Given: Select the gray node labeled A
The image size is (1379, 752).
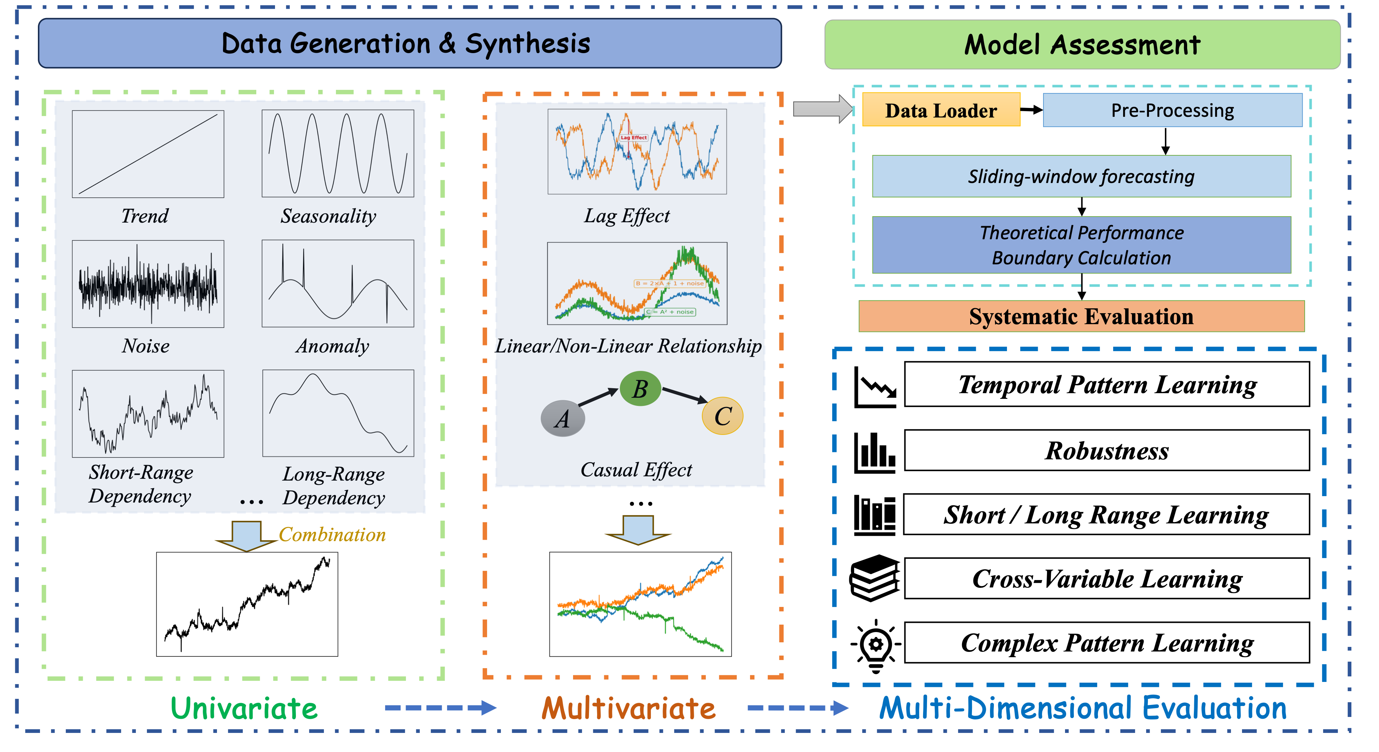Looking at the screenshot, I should point(563,418).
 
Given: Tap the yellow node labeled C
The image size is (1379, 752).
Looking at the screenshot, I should point(722,416).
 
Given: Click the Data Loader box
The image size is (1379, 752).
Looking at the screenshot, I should point(940,110).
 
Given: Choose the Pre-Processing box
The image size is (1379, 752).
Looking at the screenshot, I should point(1172,110).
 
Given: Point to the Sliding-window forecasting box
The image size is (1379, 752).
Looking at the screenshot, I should point(1081,176).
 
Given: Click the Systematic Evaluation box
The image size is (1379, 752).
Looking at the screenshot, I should point(1081,316).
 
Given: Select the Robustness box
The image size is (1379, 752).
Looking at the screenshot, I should point(1106,450).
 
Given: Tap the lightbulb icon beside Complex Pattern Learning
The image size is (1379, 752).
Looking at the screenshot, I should point(875,645).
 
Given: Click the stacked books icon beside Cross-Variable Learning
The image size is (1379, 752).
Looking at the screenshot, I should point(874,578).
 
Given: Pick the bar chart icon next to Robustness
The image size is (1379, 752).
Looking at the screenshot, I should point(874,453).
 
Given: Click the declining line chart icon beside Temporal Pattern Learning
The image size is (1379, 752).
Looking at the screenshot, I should point(874,388).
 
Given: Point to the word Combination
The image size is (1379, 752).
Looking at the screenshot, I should point(332,534).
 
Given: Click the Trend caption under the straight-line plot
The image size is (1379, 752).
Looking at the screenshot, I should point(144,216).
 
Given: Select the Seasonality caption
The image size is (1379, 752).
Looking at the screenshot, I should point(328,216).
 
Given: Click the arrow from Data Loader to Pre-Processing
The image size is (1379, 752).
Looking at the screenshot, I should point(1031,110).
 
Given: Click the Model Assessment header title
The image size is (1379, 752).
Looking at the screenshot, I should point(1082,45).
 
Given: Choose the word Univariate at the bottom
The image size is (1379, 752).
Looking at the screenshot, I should point(244,708).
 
